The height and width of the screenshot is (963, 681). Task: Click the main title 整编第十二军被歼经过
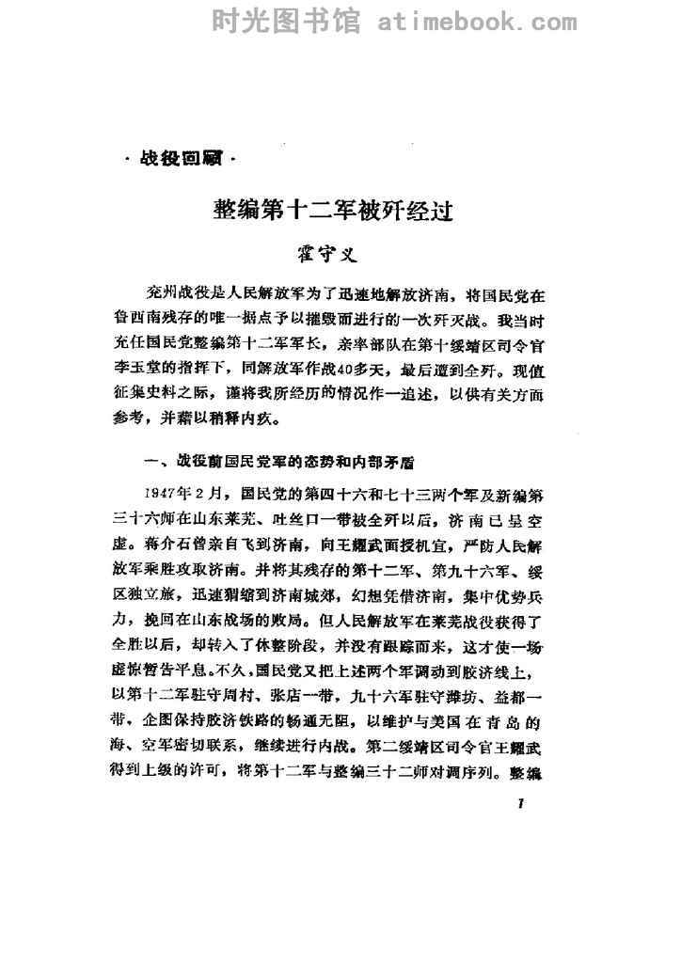coord(336,211)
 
